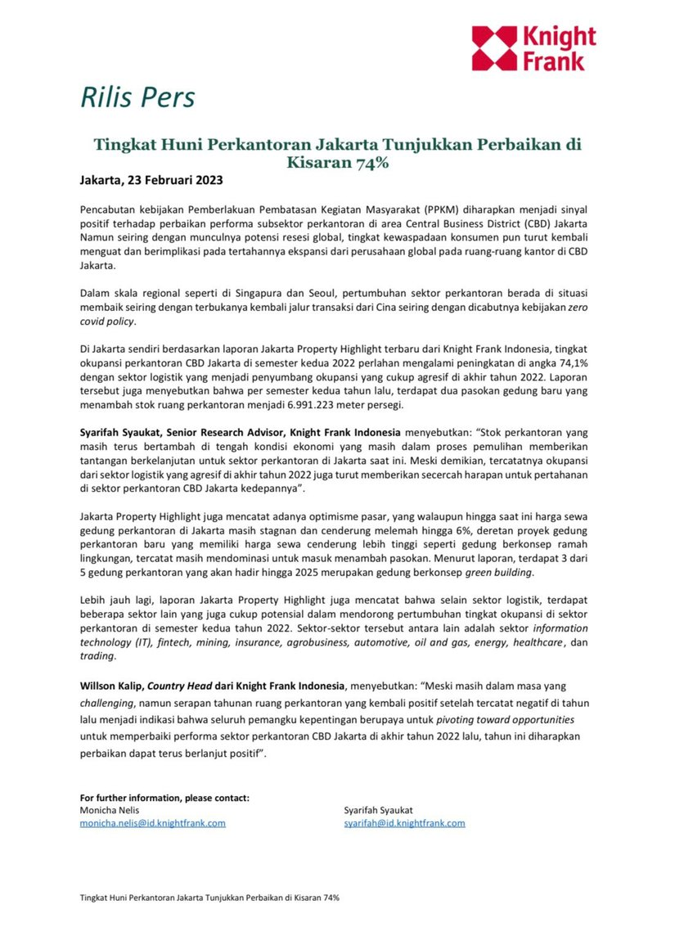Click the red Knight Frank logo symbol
pos(494,47)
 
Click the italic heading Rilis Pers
pos(137,97)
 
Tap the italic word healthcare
pos(538,643)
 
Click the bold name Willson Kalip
pos(111,685)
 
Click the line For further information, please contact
pos(164,798)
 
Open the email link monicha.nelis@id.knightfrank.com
pos(152,823)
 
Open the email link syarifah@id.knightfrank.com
pos(404,823)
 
